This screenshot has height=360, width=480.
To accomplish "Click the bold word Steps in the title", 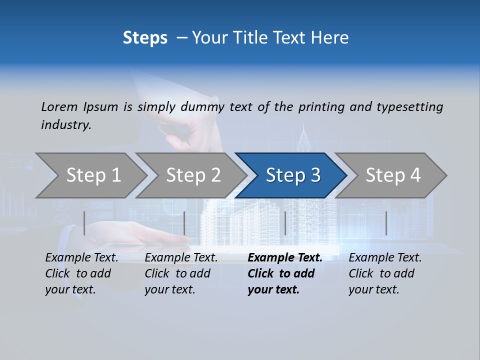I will tap(145, 37).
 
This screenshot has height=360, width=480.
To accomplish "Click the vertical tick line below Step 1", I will tap(84, 223).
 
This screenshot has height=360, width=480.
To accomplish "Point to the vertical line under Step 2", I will tap(184, 223).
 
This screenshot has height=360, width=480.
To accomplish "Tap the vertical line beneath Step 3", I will tap(285, 223).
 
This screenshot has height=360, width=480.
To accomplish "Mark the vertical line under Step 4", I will tap(386, 223).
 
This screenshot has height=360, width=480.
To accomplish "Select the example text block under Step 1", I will tap(81, 273).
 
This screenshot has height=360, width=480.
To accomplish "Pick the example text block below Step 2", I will tap(181, 273).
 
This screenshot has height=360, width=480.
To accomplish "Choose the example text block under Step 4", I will tap(385, 273).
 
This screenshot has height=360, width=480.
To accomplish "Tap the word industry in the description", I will tap(66, 125).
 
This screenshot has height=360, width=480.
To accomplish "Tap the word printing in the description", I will tap(321, 107).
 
